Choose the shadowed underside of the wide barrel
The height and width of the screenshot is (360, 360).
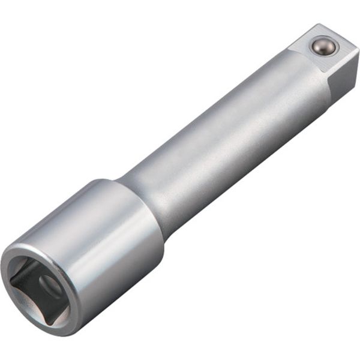[120, 288]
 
